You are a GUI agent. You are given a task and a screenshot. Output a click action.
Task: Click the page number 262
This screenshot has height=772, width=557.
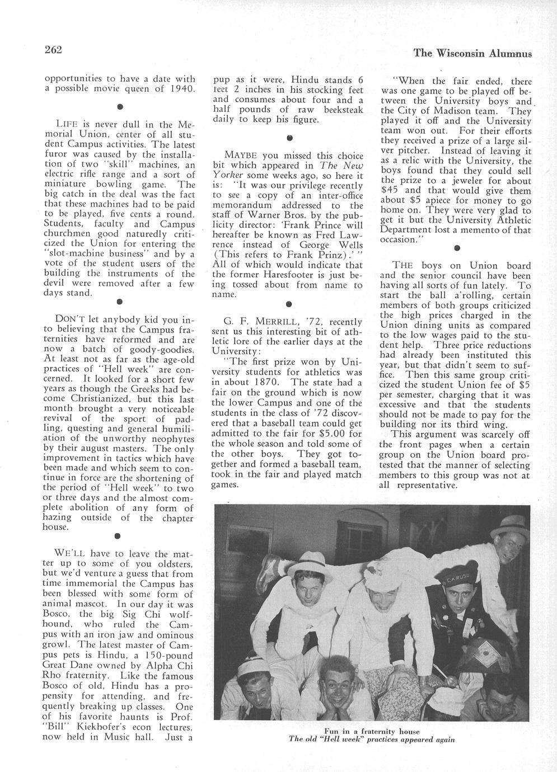click(x=53, y=50)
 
